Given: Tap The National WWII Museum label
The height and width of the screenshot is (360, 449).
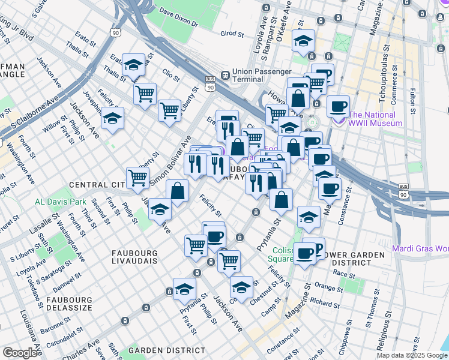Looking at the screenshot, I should (375, 119).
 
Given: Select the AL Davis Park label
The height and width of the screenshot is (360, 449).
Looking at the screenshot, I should (60, 202).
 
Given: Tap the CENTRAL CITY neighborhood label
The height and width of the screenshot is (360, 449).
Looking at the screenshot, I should (95, 185).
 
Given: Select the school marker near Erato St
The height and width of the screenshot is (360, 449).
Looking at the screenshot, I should (133, 66).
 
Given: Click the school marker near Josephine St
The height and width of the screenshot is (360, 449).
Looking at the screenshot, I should (112, 119).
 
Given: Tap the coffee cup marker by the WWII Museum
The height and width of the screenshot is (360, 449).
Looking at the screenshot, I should (339, 105).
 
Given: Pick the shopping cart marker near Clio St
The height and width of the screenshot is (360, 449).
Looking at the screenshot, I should (169, 110).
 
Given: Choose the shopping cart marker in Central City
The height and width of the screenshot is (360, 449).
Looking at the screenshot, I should (138, 178).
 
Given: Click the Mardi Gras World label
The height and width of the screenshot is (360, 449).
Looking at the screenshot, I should (420, 248).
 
